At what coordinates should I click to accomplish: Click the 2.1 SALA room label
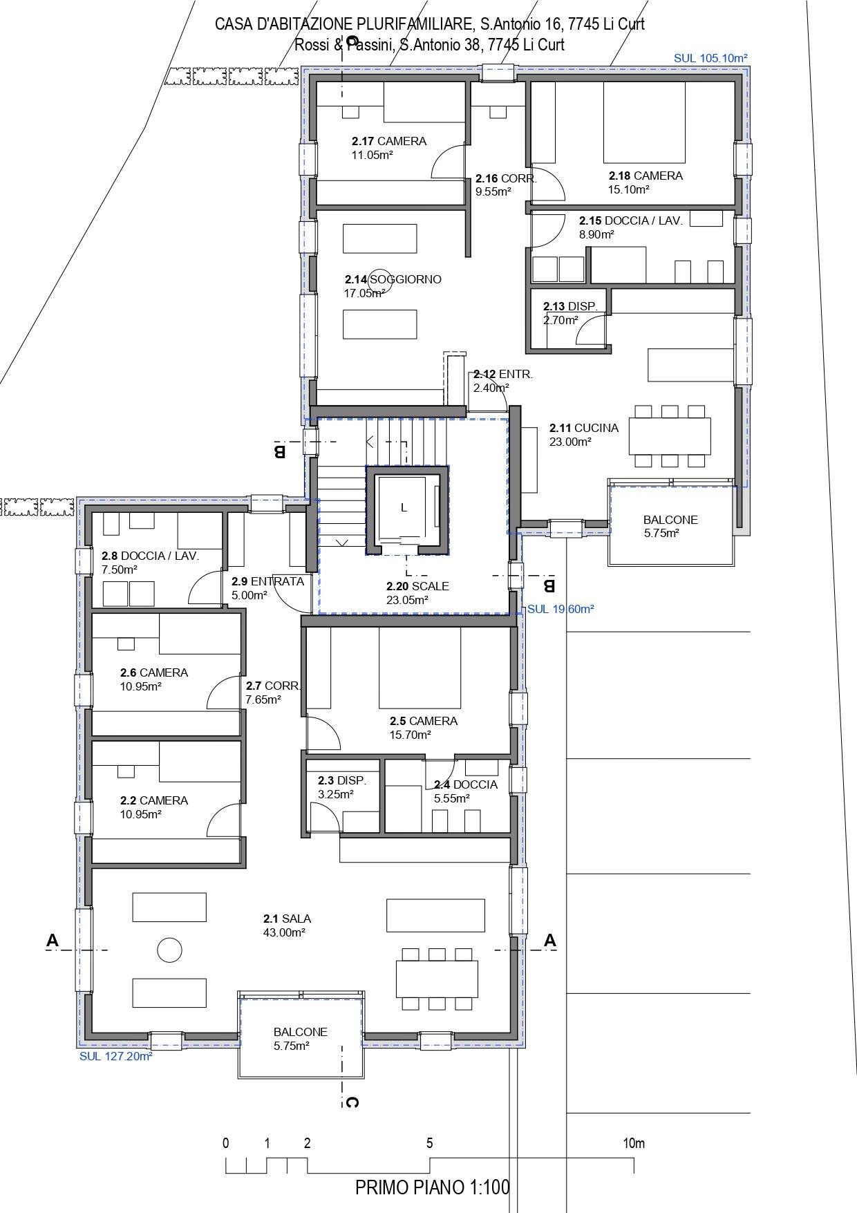pos(287,919)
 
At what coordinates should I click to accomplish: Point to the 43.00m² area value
pos(285,932)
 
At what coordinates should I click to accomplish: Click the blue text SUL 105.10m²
pos(710,59)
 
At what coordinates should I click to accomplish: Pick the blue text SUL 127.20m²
pos(116,1056)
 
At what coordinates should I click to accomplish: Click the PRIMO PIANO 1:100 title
pos(433,1187)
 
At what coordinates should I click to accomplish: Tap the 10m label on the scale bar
pos(634,1143)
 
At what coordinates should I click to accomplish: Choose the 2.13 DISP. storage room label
pos(569,306)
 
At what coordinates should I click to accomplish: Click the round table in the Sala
pos(169,950)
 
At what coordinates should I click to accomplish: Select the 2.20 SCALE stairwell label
pos(417,586)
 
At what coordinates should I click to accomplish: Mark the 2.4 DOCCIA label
pos(466,784)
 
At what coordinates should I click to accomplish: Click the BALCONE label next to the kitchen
pos(670,520)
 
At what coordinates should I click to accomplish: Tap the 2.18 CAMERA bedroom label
pos(646,176)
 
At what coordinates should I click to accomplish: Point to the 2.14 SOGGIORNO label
pos(393,279)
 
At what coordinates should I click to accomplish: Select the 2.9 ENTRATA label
pos(267,581)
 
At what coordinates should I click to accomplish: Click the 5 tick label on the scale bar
pos(429,1143)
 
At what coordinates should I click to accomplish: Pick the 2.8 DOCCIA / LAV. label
pos(150,556)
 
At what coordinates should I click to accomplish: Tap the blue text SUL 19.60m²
pos(561,609)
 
